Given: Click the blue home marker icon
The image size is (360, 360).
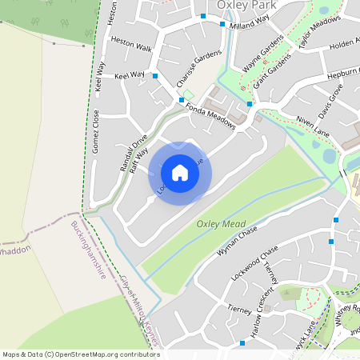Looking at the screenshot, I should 180,172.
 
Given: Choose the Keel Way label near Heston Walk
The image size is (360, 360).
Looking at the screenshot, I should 130,74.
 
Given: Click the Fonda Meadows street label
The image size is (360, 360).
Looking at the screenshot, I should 210,117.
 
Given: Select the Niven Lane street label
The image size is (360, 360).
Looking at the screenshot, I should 313,123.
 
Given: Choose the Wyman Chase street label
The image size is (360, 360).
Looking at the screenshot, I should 238,241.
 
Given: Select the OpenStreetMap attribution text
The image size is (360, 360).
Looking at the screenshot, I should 80,354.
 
